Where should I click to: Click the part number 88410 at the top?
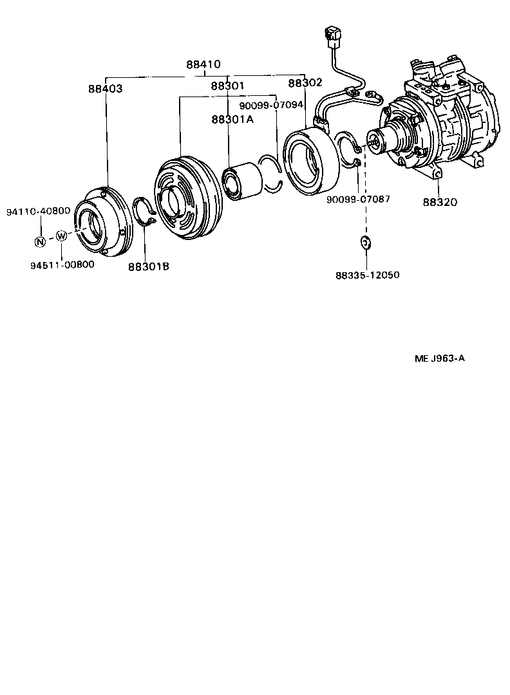(203, 64)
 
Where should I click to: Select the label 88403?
(106, 89)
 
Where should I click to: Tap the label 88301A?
(232, 119)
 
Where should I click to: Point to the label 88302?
(305, 82)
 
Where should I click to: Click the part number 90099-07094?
(271, 105)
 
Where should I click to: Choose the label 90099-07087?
(358, 199)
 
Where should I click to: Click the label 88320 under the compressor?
(440, 202)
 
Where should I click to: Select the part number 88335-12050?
(367, 275)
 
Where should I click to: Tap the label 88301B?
(148, 266)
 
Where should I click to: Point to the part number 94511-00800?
(62, 264)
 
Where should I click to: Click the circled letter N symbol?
(40, 242)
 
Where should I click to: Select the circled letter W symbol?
(61, 236)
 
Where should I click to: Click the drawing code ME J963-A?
(439, 358)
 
